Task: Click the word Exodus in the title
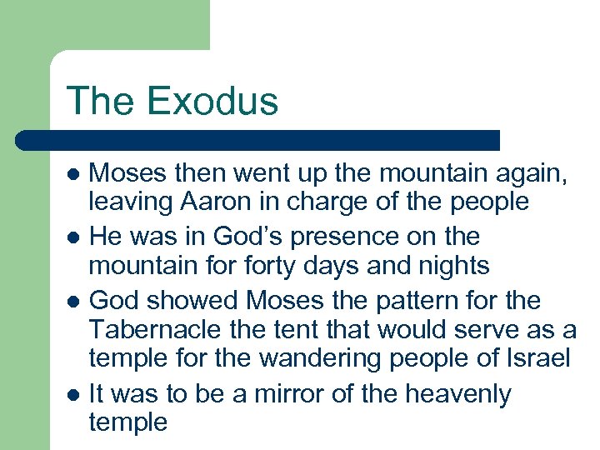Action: (x=212, y=102)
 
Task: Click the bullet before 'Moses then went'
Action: (x=74, y=174)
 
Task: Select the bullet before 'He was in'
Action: (x=74, y=237)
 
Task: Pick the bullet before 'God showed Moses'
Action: (x=74, y=301)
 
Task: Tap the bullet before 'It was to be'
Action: (x=74, y=394)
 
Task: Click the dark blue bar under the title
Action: (x=258, y=140)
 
